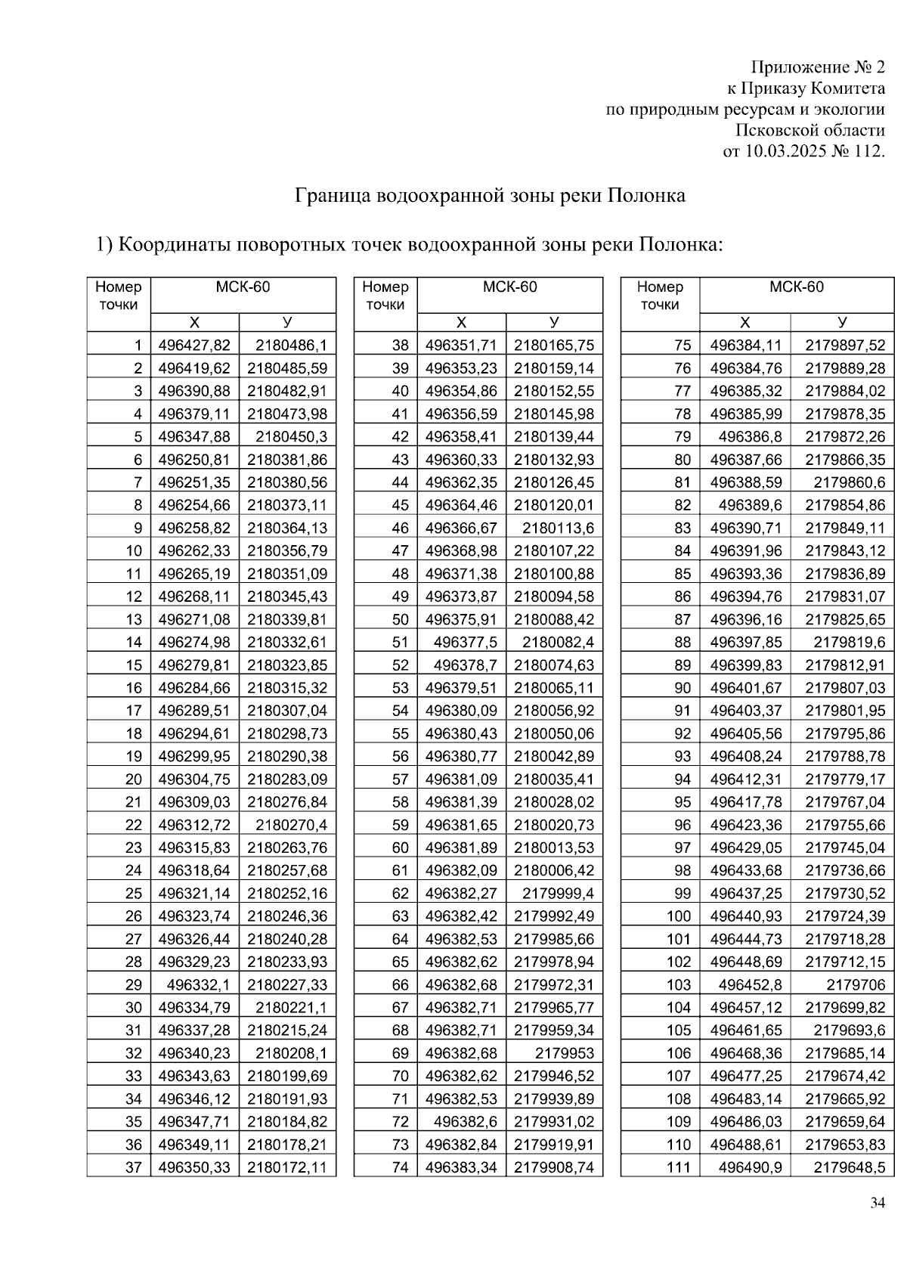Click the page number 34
pos(877,1203)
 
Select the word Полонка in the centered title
pos(646,196)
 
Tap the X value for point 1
pos(194,346)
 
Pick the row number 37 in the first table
pos(133,1167)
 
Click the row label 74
pos(400,1167)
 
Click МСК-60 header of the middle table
pos(509,287)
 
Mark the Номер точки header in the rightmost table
pos(659,296)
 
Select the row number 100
pos(679,916)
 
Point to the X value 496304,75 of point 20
pos(194,779)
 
